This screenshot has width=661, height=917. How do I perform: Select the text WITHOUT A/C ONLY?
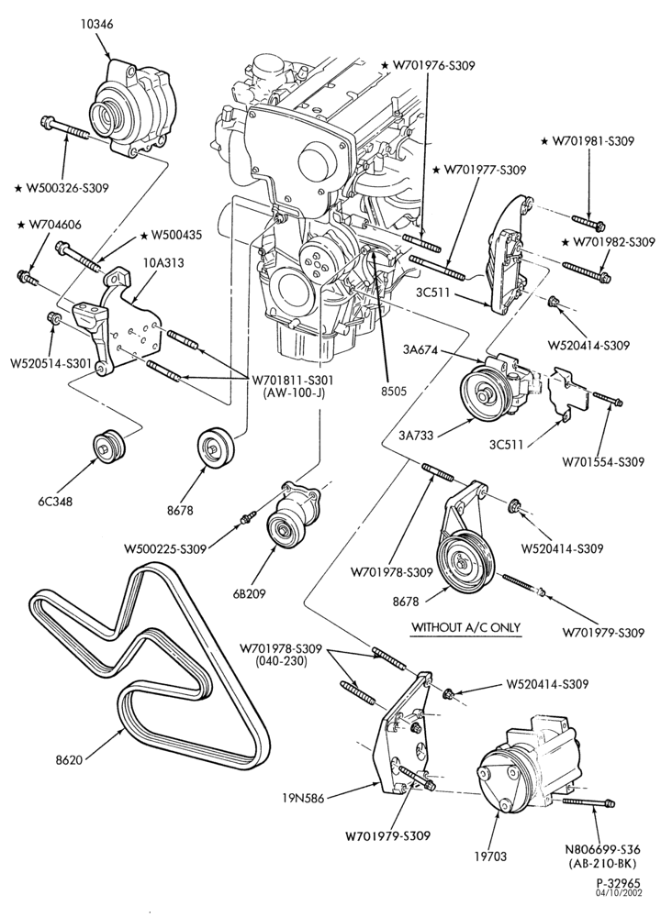tap(465, 627)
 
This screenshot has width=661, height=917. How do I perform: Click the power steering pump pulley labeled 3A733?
tap(486, 393)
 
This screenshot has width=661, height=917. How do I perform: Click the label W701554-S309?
tap(604, 462)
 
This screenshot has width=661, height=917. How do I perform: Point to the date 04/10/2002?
tap(619, 910)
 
